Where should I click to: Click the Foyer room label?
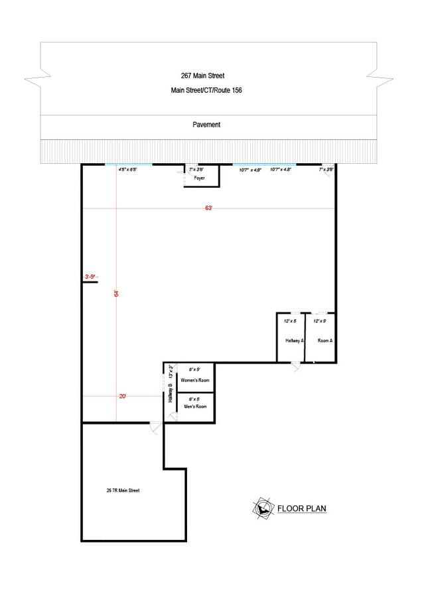point(199,178)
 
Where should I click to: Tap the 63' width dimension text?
point(208,208)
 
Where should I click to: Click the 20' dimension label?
point(123,396)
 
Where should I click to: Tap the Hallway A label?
point(295,340)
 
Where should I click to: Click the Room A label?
point(325,340)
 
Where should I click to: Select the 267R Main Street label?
point(123,491)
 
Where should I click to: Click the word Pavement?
point(206,125)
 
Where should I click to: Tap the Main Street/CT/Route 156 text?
point(206,90)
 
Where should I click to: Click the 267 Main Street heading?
point(207,76)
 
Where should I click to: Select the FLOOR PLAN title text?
point(301,509)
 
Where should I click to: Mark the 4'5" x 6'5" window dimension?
point(127,170)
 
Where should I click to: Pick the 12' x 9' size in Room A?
point(319,321)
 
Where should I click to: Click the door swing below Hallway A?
point(295,366)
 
